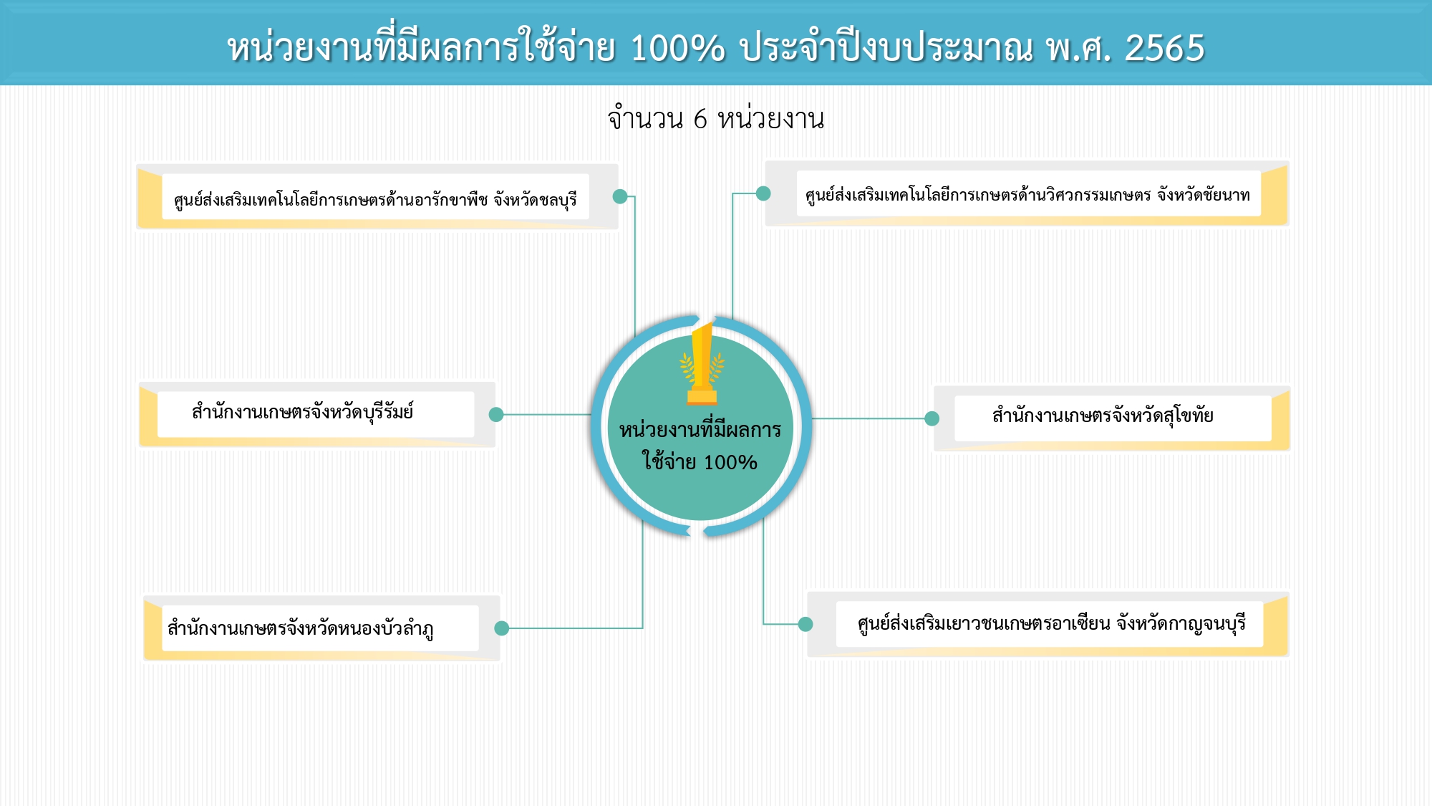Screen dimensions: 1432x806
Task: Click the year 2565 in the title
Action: click(x=1165, y=49)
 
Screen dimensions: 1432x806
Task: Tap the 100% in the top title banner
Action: click(x=677, y=49)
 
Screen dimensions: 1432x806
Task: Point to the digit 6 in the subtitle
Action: click(x=700, y=119)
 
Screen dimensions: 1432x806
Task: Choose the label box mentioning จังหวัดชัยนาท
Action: click(x=1028, y=193)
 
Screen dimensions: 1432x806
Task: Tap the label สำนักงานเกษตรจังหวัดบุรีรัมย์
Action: click(x=303, y=412)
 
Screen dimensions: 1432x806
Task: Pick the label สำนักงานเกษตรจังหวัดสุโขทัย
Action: click(x=1103, y=416)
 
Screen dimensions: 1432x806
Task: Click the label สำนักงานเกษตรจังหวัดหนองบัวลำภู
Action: click(x=301, y=628)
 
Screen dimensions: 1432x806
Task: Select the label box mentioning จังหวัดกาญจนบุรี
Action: click(x=1050, y=624)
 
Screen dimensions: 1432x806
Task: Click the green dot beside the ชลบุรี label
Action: click(x=620, y=196)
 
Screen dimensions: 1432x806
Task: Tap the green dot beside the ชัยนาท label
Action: click(x=763, y=193)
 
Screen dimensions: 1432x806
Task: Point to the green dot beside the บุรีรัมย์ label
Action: click(x=496, y=414)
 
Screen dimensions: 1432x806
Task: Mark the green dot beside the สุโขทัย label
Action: click(x=932, y=418)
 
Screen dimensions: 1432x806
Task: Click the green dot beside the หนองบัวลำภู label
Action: click(x=501, y=628)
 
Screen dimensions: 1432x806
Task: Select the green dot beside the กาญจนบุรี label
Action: click(x=805, y=624)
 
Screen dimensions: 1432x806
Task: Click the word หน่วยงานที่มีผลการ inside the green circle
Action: click(x=700, y=429)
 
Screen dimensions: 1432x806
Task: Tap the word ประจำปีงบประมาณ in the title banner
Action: click(x=886, y=49)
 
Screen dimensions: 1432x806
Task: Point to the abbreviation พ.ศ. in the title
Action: click(x=1078, y=49)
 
